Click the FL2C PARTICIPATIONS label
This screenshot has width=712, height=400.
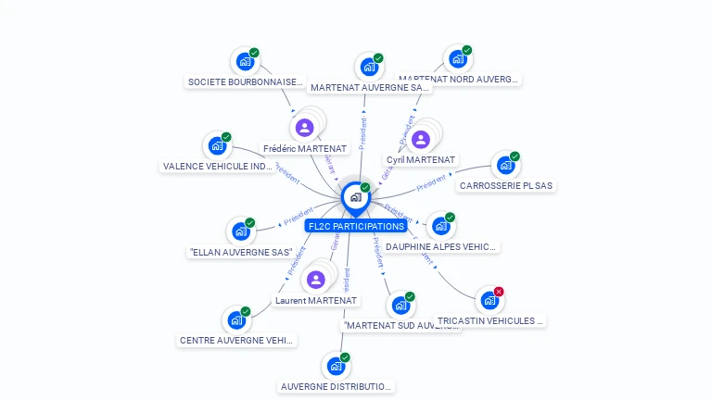point(357,226)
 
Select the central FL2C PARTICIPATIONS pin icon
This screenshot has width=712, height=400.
point(355,197)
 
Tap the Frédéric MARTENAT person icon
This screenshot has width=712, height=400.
point(304,128)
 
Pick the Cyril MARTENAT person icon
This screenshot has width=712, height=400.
point(421,140)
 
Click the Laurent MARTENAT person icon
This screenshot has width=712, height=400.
point(315,280)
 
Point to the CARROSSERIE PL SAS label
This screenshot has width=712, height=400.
point(506,185)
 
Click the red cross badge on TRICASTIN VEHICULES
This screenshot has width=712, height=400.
point(499,292)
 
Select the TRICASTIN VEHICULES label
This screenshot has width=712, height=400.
point(490,320)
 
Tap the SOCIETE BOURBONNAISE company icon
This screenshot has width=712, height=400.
point(244,61)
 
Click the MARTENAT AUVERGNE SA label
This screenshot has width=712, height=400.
point(370,88)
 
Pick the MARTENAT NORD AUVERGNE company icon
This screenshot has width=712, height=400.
point(457,59)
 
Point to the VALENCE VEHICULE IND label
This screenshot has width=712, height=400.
point(218,167)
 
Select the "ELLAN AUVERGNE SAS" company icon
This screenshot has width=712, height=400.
point(240,231)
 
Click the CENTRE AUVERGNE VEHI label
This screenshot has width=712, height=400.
point(236,340)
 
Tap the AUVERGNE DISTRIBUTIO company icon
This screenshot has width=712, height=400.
point(336,366)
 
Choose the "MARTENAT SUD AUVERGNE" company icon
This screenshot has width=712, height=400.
point(400,305)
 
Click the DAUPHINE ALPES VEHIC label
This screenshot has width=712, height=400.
point(441,247)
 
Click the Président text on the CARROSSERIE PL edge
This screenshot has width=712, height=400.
point(432,184)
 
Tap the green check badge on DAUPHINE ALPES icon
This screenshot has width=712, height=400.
point(450,218)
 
